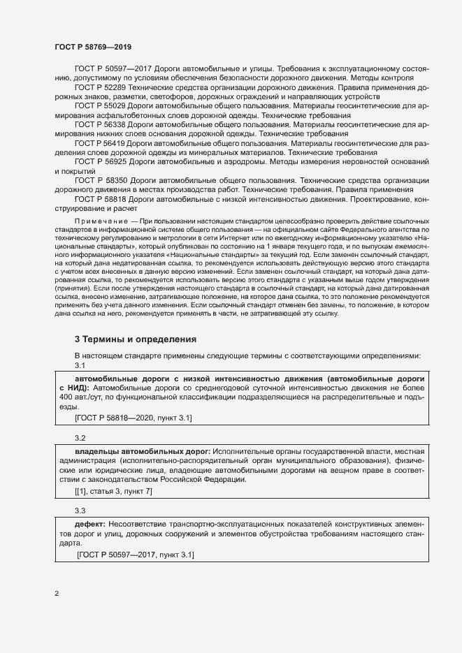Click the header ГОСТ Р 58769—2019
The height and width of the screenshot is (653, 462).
pyautogui.click(x=92, y=46)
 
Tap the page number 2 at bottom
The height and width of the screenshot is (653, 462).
pyautogui.click(x=57, y=594)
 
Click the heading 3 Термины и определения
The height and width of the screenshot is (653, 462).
pyautogui.click(x=135, y=339)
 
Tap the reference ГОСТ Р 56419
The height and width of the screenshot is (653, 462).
pyautogui.click(x=99, y=142)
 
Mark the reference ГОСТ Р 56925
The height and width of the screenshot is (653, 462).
pyautogui.click(x=99, y=161)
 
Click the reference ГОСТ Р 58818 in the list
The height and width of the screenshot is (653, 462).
pyautogui.click(x=99, y=198)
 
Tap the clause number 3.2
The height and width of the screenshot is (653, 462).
pyautogui.click(x=80, y=437)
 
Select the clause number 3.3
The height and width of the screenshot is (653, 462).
pyautogui.click(x=80, y=511)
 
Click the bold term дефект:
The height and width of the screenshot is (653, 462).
pyautogui.click(x=90, y=524)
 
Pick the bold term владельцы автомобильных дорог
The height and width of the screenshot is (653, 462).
pyautogui.click(x=141, y=451)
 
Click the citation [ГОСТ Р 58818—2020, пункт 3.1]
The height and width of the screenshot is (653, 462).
pyautogui.click(x=133, y=418)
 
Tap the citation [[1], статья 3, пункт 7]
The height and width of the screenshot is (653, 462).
pyautogui.click(x=113, y=491)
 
